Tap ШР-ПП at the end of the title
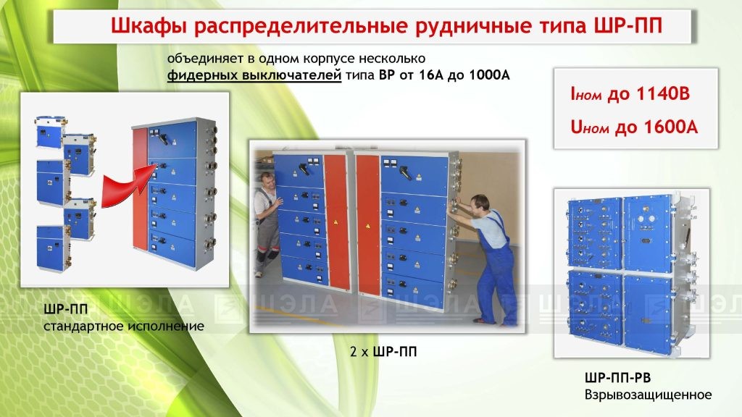tap(628, 25)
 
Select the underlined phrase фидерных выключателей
tap(254, 75)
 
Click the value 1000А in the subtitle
tap(489, 75)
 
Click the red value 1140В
tap(663, 94)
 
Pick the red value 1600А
tap(670, 127)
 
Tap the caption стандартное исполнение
tap(124, 327)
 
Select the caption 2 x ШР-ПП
tap(383, 351)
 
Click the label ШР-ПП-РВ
tap(617, 378)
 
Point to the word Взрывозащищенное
tap(648, 395)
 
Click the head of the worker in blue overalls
tap(480, 203)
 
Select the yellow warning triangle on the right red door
tap(367, 226)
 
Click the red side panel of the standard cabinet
tap(140, 189)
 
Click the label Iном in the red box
tap(585, 95)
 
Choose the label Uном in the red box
tap(590, 127)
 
